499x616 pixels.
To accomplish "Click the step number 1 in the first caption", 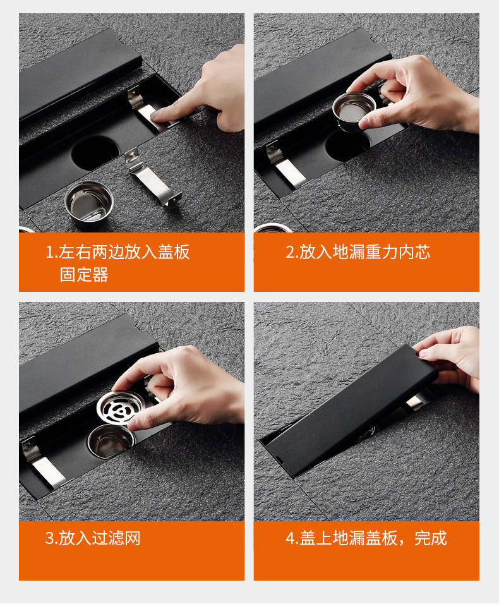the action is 49,252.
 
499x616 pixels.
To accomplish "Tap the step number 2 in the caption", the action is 289,252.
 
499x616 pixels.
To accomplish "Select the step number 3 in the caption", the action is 49,538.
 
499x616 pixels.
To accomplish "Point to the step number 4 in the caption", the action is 290,538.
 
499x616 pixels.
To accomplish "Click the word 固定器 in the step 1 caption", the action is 84,275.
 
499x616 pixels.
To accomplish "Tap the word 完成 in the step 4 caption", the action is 431,538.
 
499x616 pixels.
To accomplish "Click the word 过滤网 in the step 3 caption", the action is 116,538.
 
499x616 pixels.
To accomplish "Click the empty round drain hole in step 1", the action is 95,152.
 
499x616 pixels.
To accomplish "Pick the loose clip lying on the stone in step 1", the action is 152,178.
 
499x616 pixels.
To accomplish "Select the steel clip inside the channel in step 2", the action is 286,164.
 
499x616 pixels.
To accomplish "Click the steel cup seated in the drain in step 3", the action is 111,441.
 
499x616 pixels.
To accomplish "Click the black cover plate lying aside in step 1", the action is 78,75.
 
